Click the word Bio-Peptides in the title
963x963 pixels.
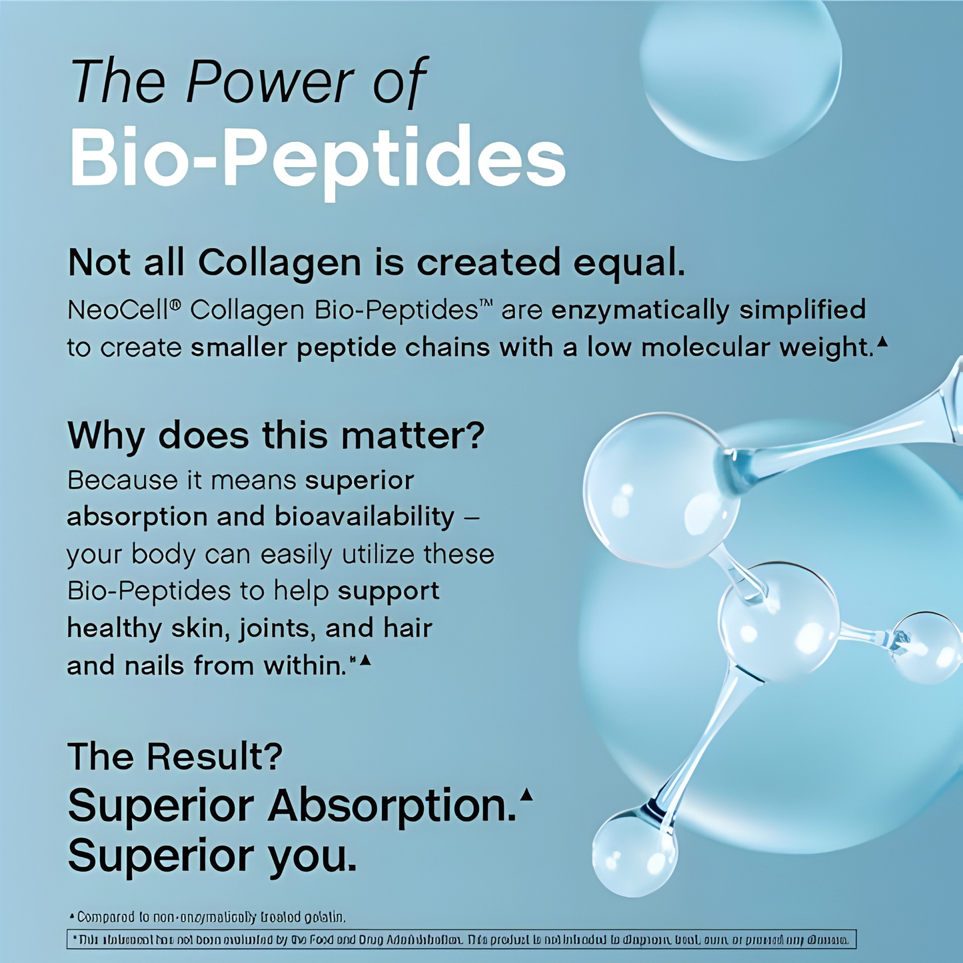pyautogui.click(x=317, y=159)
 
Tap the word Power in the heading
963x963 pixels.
pyautogui.click(x=271, y=81)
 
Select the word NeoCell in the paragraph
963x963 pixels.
pyautogui.click(x=120, y=311)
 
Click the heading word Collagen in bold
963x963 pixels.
pyautogui.click(x=279, y=262)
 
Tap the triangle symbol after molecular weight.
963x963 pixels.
pyautogui.click(x=883, y=343)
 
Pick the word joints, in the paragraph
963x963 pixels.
pyautogui.click(x=278, y=628)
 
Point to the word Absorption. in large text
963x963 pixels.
pyautogui.click(x=392, y=805)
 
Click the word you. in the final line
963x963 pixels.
pyautogui.click(x=313, y=855)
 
